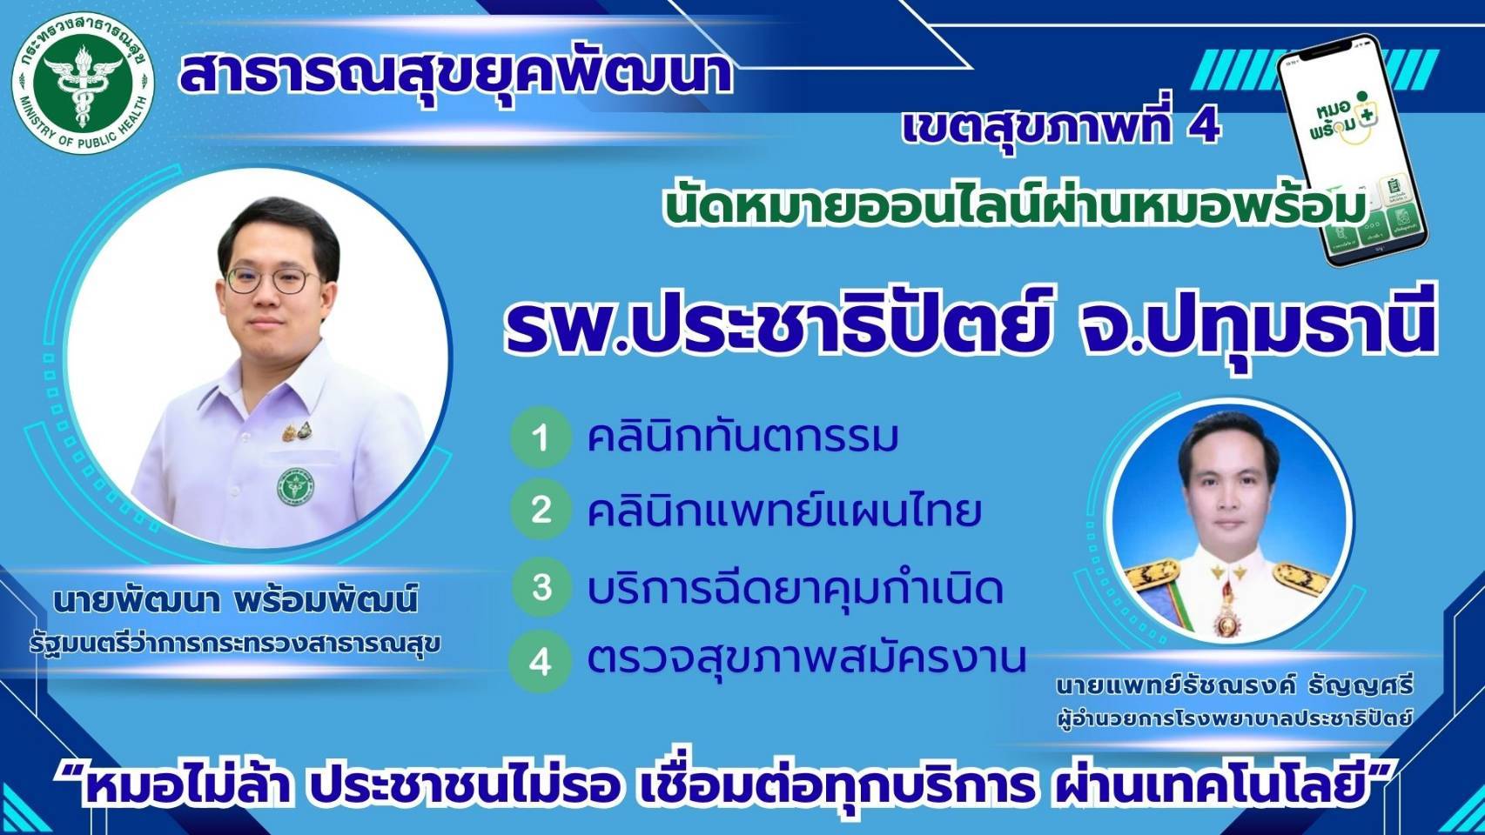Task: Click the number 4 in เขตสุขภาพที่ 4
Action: (1204, 128)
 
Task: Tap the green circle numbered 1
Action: (541, 438)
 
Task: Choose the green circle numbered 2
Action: (541, 511)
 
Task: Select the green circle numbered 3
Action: (541, 587)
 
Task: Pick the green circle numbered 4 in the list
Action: (541, 661)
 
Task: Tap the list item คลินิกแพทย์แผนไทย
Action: (784, 511)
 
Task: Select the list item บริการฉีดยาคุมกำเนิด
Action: (795, 588)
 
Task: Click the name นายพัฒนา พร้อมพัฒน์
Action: (235, 601)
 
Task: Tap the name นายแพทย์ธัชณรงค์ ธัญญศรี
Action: (1234, 686)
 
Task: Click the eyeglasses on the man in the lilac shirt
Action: (272, 281)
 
